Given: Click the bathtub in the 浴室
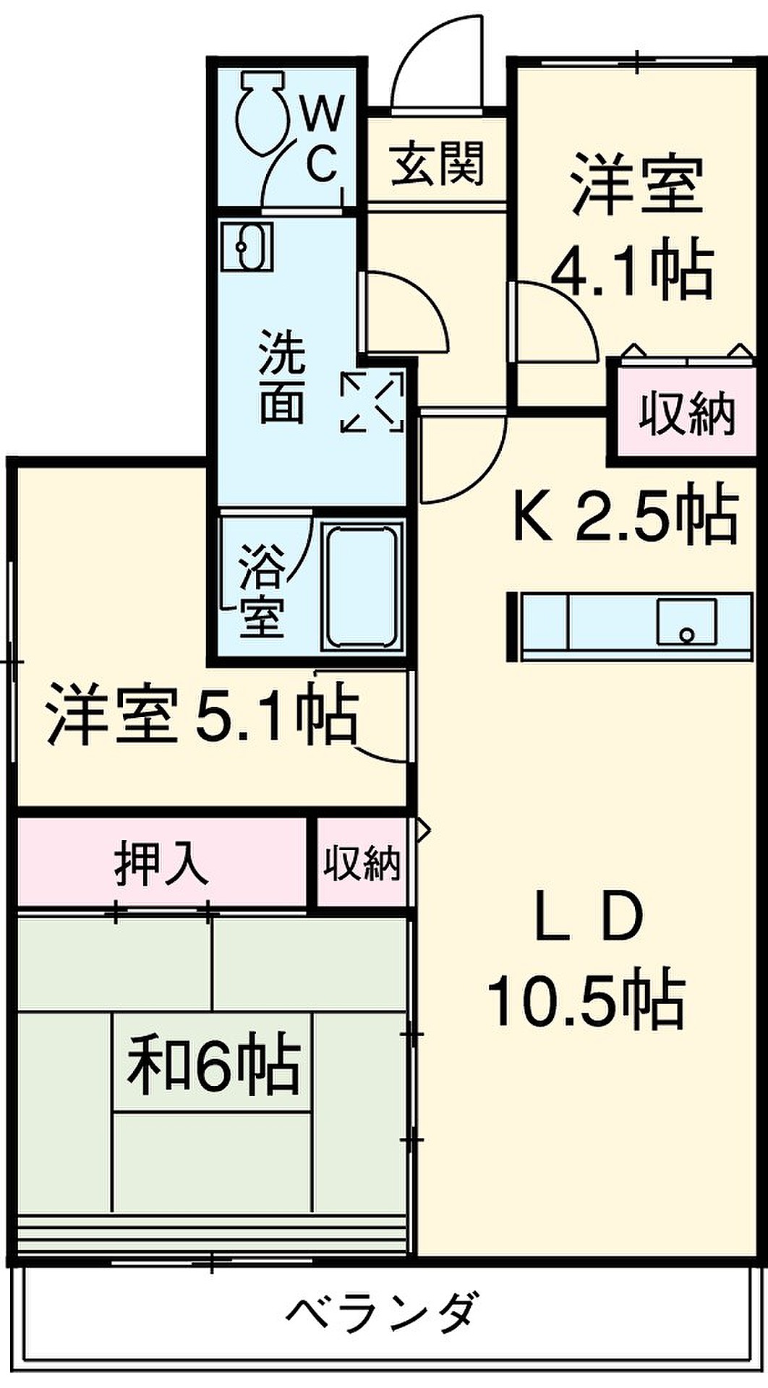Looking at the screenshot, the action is (x=364, y=586).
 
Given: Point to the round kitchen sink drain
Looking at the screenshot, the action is (x=686, y=635).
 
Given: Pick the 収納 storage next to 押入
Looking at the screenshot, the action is (x=362, y=862).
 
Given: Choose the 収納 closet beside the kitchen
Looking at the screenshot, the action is (x=687, y=414).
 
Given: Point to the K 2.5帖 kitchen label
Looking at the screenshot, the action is (x=626, y=515).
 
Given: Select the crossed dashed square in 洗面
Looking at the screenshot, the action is (x=372, y=401).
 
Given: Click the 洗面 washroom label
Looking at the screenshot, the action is (x=281, y=377).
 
